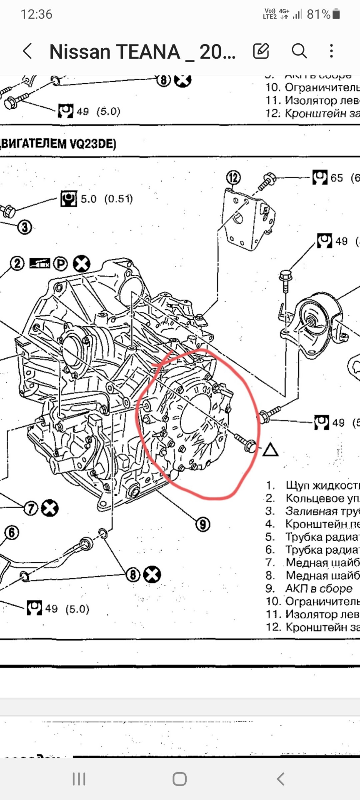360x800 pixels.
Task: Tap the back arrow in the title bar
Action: [27, 51]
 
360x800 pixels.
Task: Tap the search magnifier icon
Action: [299, 51]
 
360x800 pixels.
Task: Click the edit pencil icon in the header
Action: [261, 51]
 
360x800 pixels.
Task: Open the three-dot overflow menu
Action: [331, 51]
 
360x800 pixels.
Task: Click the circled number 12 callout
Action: [234, 178]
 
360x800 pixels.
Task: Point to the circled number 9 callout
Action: [203, 524]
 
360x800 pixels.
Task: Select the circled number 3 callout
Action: [25, 227]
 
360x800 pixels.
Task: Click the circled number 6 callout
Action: [12, 532]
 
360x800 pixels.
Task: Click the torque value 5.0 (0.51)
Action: [106, 199]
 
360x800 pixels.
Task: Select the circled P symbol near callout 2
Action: [61, 264]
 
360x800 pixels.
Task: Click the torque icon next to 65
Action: [320, 178]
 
